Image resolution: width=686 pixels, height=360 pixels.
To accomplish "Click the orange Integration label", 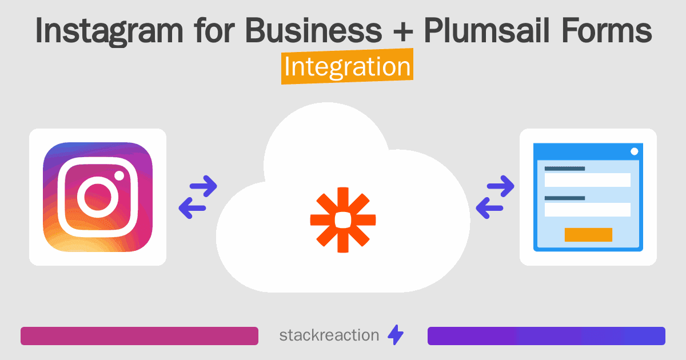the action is (347, 67).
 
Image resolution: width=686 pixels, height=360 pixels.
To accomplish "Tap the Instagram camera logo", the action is (98, 197).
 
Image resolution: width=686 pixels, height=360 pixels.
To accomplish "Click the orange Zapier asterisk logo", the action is (343, 219).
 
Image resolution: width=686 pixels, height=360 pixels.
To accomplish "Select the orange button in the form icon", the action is (588, 234).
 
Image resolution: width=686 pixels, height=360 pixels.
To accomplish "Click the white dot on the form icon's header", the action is (634, 151).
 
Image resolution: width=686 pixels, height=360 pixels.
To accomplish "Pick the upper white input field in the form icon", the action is (588, 180).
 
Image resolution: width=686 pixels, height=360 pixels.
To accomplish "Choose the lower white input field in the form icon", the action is (588, 209).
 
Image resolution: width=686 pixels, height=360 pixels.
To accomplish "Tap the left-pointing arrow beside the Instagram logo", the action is (192, 208).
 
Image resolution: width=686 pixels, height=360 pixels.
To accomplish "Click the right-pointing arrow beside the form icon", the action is (500, 186).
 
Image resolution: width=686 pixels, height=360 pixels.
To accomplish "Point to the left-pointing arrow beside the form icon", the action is (489, 208).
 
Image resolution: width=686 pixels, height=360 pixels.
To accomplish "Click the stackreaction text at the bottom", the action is (329, 335).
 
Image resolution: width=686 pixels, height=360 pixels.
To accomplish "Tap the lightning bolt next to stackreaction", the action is (396, 335).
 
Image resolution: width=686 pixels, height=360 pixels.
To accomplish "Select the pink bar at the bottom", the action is (139, 336).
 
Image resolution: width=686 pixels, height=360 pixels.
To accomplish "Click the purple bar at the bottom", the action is (546, 336).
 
